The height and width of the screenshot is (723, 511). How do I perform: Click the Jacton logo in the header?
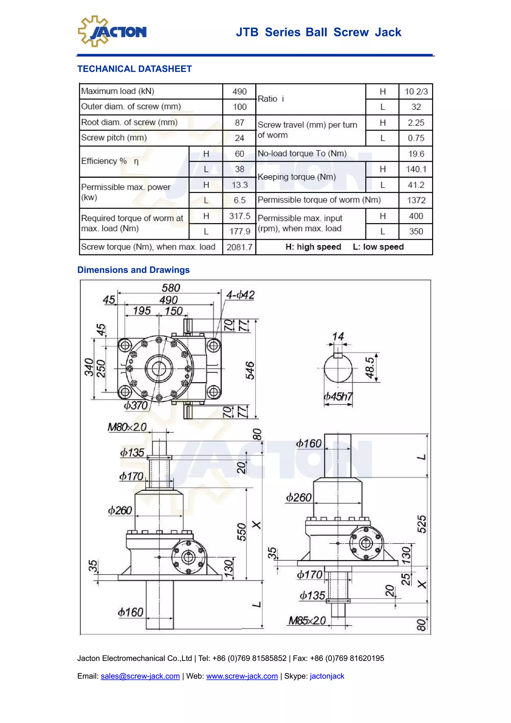click(x=112, y=31)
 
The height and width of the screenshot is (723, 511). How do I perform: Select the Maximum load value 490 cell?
click(x=239, y=92)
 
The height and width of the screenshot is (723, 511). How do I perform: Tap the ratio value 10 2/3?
click(x=416, y=92)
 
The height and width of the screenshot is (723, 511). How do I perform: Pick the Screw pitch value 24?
click(x=239, y=138)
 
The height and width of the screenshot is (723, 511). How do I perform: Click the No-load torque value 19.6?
click(x=416, y=154)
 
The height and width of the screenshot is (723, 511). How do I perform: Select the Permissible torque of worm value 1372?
click(x=416, y=200)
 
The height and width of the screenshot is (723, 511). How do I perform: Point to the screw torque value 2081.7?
click(x=239, y=247)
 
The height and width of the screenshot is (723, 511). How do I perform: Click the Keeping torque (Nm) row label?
click(x=297, y=177)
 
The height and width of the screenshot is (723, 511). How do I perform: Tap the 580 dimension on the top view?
click(x=171, y=288)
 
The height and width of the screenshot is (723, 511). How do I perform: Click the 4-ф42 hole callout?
click(x=240, y=295)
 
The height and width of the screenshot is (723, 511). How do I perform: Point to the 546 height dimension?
click(x=250, y=370)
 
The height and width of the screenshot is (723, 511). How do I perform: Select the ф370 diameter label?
click(x=136, y=405)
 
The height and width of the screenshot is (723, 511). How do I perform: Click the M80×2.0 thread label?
click(x=127, y=427)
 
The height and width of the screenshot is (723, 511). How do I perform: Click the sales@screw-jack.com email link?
click(x=140, y=676)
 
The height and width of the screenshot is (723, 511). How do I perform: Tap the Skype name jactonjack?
click(x=327, y=676)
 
